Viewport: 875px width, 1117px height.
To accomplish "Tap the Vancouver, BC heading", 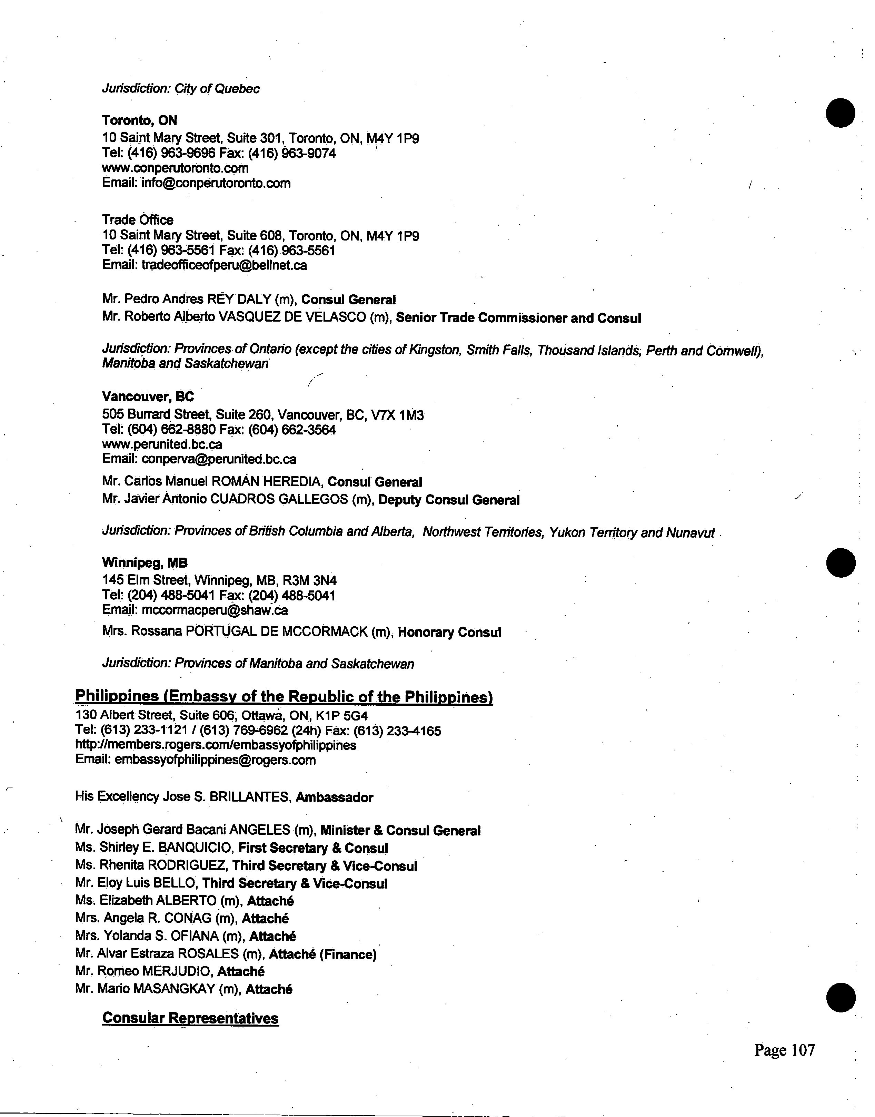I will tap(148, 396).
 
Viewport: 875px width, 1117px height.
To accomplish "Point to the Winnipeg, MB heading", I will tap(145, 562).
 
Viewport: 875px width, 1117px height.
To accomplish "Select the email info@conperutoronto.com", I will tap(216, 183).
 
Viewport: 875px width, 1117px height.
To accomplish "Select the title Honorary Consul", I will tap(449, 632).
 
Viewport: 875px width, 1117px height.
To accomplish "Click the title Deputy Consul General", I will tap(449, 500).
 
